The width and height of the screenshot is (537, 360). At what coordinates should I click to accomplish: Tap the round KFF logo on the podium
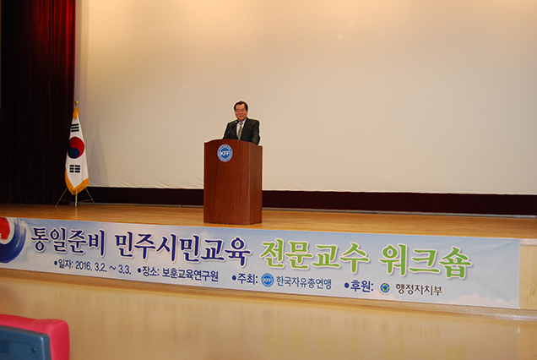pyautogui.click(x=225, y=153)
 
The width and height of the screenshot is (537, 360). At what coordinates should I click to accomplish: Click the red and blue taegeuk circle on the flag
pyautogui.click(x=76, y=147)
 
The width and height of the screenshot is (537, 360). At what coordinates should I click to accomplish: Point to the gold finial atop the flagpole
pyautogui.click(x=76, y=104)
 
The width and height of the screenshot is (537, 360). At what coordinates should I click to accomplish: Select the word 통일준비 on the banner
pyautogui.click(x=68, y=240)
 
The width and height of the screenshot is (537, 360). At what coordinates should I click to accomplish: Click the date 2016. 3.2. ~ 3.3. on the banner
pyautogui.click(x=103, y=266)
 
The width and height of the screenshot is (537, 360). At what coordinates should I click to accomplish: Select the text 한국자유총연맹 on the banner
pyautogui.click(x=304, y=281)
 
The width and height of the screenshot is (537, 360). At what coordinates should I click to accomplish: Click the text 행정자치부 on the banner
pyautogui.click(x=419, y=289)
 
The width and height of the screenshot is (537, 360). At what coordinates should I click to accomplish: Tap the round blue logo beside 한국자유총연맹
pyautogui.click(x=268, y=280)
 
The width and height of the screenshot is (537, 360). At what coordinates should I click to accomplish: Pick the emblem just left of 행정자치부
pyautogui.click(x=385, y=287)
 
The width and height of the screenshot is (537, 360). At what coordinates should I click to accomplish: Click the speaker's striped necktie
pyautogui.click(x=241, y=130)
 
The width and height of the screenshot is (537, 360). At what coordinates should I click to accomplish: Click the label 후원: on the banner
pyautogui.click(x=359, y=286)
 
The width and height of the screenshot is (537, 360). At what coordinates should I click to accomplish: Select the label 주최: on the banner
pyautogui.click(x=245, y=278)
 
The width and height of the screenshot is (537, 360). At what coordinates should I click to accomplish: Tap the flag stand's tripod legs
pyautogui.click(x=75, y=198)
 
